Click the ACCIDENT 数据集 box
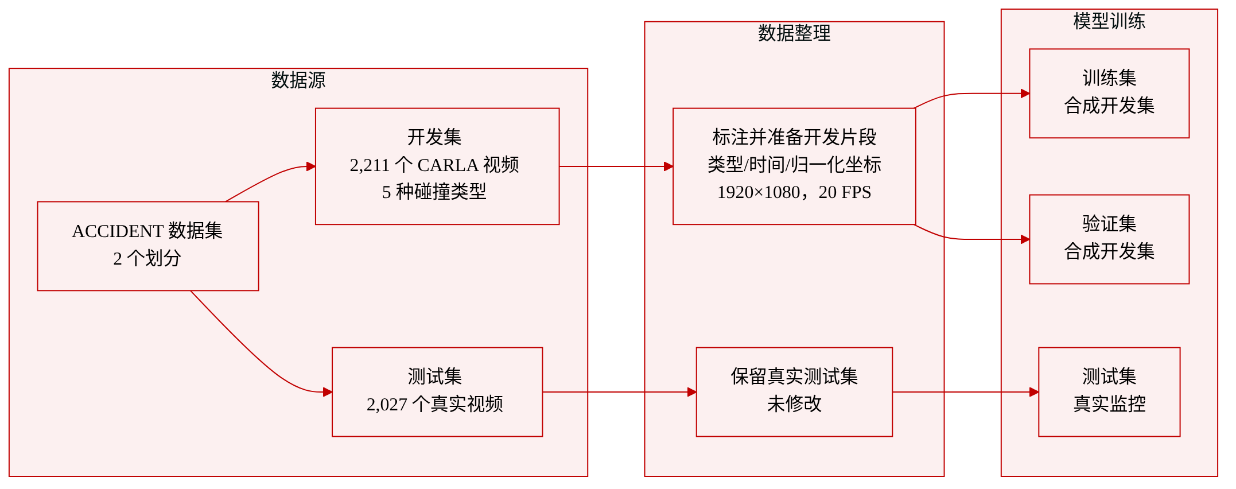148,246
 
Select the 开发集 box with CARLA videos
437,166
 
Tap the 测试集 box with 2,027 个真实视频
437,391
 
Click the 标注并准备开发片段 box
794,166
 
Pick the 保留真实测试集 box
794,391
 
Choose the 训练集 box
1109,93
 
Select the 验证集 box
1109,239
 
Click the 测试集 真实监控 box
1109,391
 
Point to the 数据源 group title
298,80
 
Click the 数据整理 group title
794,33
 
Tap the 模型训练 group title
1109,21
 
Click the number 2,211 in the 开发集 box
370,165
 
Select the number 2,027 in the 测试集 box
387,405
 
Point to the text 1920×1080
759,192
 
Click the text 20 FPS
845,192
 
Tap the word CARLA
448,165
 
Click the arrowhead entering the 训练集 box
1025,93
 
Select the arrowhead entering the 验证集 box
1025,239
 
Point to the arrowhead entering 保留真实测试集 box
692,391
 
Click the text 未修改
794,404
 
